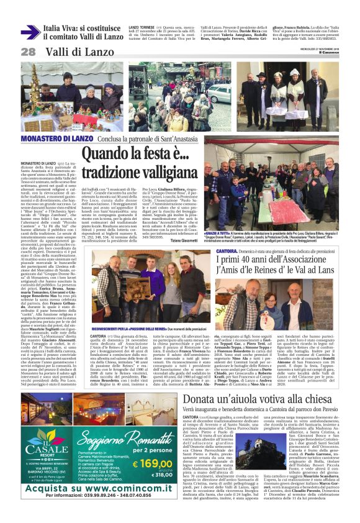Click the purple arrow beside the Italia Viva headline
click(30, 32)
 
